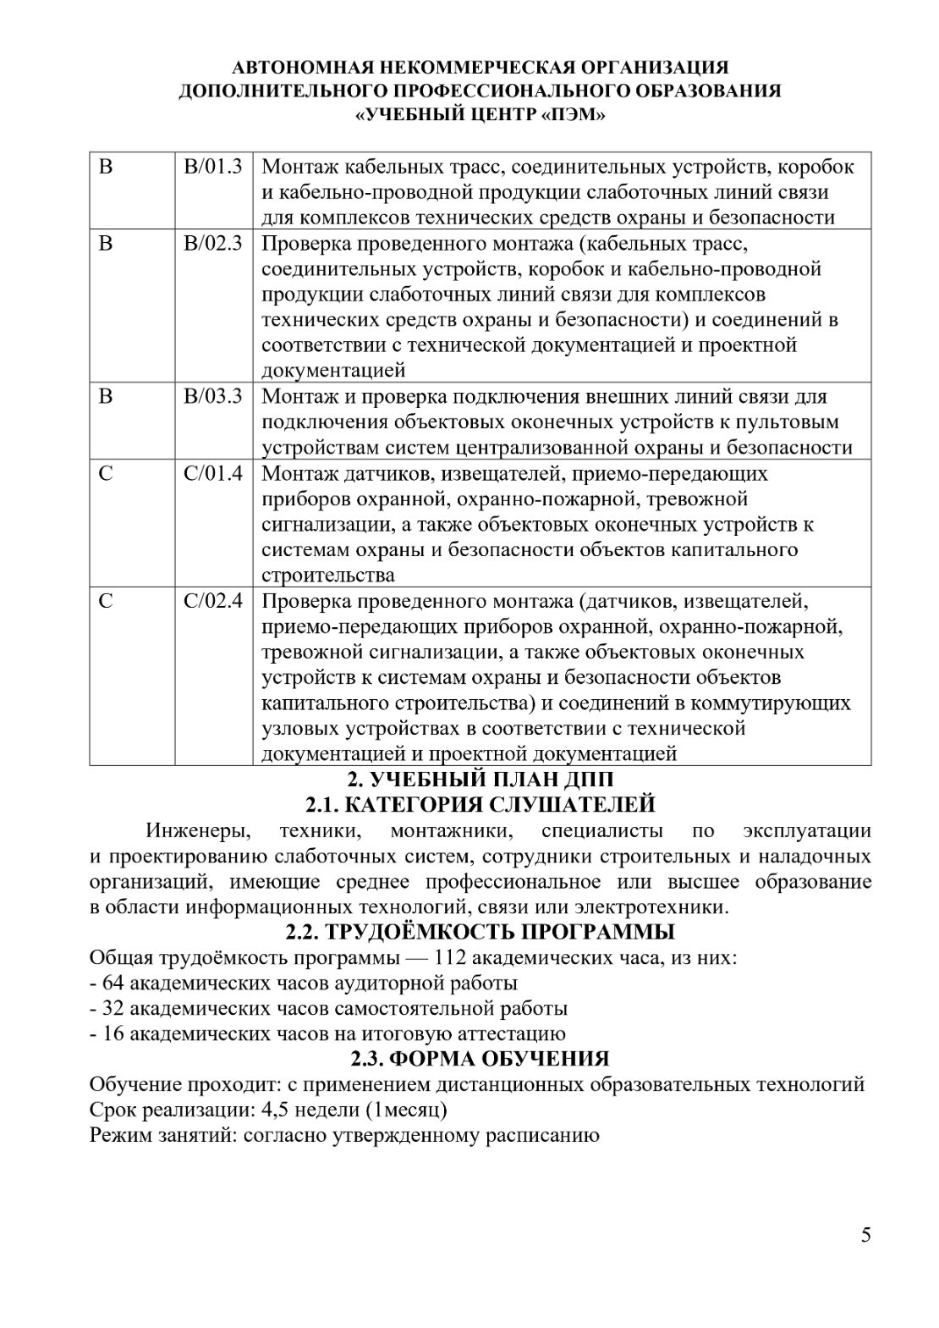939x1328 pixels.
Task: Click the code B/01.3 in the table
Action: [212, 167]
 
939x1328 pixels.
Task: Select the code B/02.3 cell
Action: [212, 244]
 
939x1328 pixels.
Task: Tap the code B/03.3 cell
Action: [212, 396]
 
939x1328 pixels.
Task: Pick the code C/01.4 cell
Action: [212, 473]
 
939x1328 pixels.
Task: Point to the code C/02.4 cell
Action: [212, 601]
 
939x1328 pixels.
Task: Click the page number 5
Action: [865, 1234]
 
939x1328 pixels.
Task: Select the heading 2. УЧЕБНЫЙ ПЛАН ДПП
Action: [480, 779]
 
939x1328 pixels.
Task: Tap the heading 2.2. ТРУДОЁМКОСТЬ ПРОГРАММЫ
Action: [480, 932]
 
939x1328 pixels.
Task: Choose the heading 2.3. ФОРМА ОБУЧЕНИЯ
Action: [480, 1059]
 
